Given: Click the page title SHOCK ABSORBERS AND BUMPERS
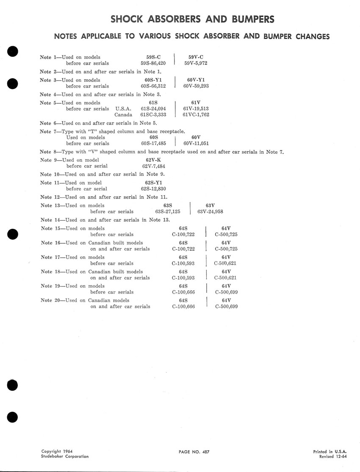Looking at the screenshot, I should tap(192, 19).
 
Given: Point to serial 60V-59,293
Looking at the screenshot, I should tap(196, 86).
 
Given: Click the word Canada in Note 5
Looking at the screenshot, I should tap(123, 115).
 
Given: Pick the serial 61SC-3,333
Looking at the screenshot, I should tap(153, 115).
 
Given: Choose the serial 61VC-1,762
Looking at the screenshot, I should tap(196, 115).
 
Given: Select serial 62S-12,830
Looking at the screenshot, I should tap(153, 189).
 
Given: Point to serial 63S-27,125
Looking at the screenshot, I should tap(168, 212).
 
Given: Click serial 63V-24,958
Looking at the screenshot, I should tap(210, 212).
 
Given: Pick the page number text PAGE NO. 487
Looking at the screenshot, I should tap(194, 452).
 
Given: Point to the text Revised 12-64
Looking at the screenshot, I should tap(333, 457).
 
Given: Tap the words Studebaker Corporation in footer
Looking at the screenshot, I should tap(65, 457).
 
